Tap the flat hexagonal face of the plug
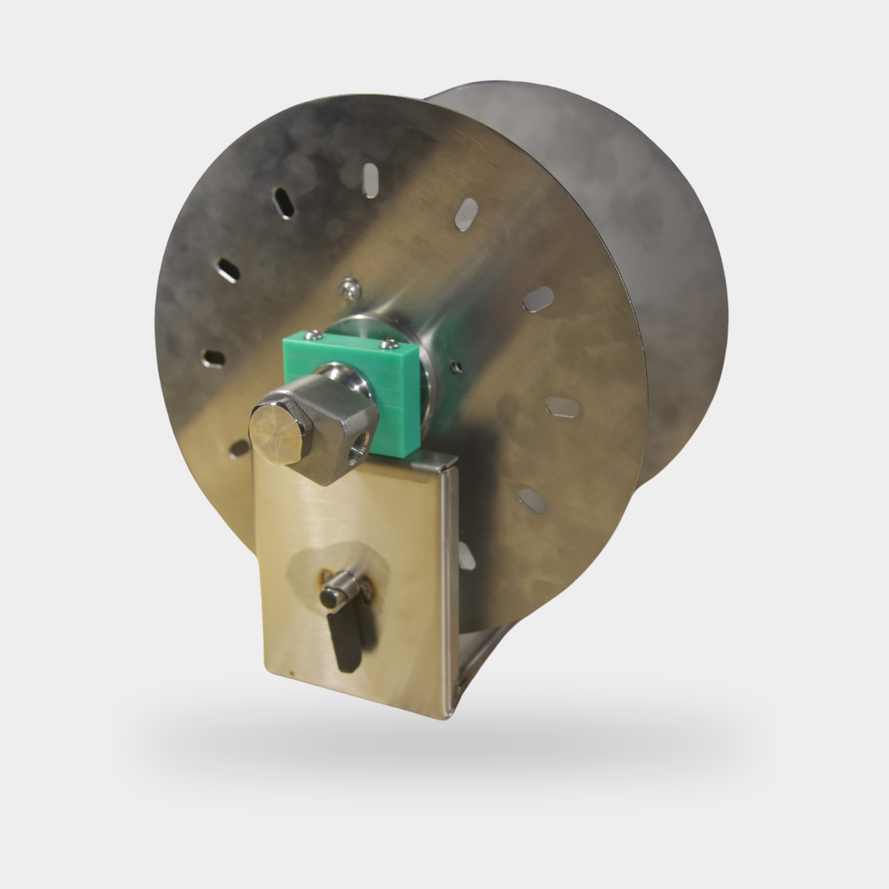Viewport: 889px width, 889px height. point(279,432)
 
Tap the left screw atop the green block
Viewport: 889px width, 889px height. point(313,335)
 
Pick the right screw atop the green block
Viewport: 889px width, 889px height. point(384,344)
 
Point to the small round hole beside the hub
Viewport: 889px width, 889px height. point(456,367)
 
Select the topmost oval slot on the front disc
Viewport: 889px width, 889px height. point(370,179)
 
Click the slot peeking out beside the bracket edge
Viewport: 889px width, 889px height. point(466,556)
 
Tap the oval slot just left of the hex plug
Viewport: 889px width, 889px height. point(239,449)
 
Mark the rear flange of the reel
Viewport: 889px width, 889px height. point(659,247)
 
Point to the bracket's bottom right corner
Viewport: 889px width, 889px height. point(444,714)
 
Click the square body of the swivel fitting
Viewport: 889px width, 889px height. point(337,428)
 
